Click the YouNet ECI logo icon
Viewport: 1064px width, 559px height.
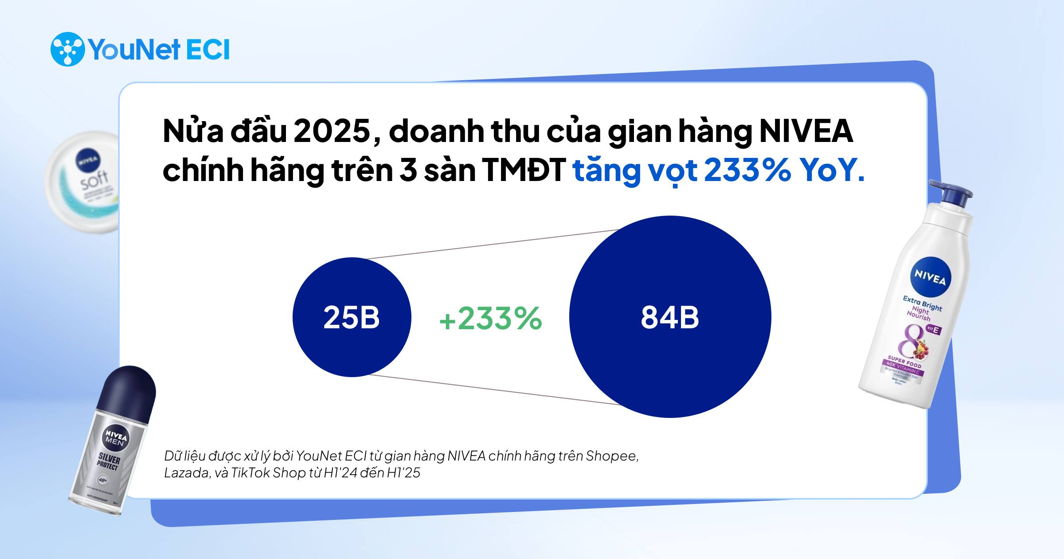[67, 49]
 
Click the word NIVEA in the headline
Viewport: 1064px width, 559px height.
[806, 131]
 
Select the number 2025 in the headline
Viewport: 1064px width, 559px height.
[332, 131]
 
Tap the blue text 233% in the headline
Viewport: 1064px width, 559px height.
[747, 170]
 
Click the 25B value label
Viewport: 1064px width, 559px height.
[352, 318]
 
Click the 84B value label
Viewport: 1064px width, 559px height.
[670, 318]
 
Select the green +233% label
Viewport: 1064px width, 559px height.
[490, 319]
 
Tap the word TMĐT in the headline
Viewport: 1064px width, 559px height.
[524, 170]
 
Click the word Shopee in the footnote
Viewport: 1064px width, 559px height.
[612, 456]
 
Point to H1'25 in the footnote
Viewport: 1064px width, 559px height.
[403, 473]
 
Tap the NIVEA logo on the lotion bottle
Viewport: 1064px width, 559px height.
[930, 277]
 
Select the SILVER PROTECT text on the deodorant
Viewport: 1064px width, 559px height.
[109, 461]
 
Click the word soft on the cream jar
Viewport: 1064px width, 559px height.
[94, 179]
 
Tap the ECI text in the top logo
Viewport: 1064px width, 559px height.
[207, 49]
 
